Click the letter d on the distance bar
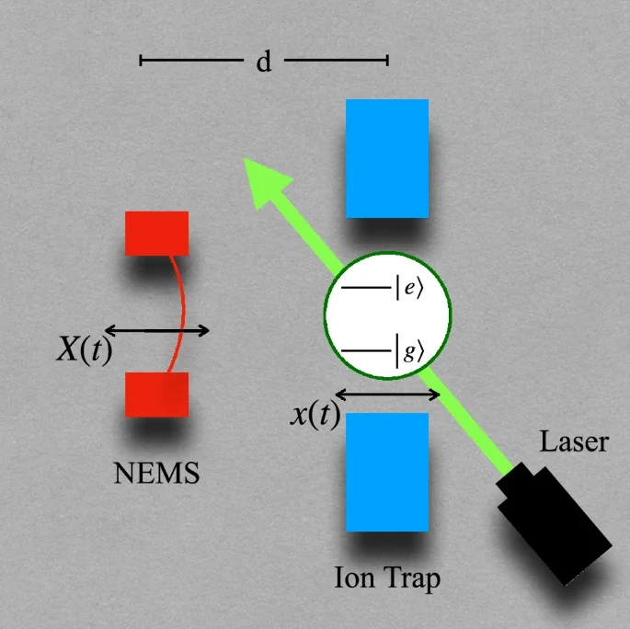[x=264, y=63]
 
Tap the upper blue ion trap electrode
[x=386, y=158]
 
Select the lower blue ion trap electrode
[x=386, y=472]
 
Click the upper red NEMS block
[x=157, y=233]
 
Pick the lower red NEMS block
[x=157, y=395]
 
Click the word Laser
[x=574, y=443]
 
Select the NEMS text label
[x=156, y=475]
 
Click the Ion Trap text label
[x=387, y=579]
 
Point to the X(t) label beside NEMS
[x=84, y=350]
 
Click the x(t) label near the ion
[x=315, y=415]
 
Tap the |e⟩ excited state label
[x=409, y=289]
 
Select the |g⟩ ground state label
[x=410, y=351]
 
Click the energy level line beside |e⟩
[x=365, y=289]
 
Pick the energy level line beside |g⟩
[x=365, y=351]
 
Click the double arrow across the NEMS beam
[x=156, y=330]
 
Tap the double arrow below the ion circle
[x=387, y=395]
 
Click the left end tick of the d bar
[x=141, y=61]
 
